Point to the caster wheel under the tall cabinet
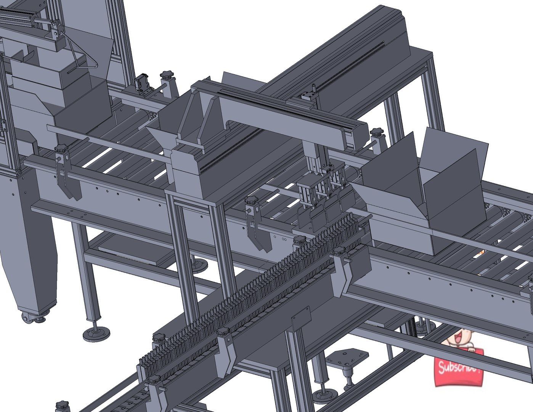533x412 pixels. [x=26, y=317]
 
